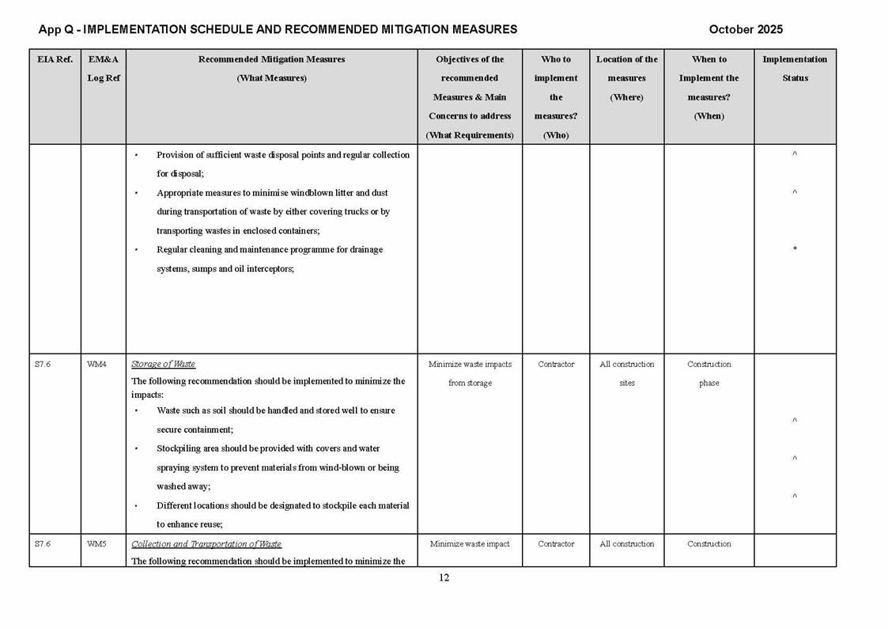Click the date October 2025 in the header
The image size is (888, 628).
745,29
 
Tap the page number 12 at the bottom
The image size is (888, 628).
444,577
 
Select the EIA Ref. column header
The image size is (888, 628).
54,59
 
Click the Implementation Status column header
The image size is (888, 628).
795,69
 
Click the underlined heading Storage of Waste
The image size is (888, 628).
163,364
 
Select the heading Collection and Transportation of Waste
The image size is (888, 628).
206,544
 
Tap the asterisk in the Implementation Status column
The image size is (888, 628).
795,250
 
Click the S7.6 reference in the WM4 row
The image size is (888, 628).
43,365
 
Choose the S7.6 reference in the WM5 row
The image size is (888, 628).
43,544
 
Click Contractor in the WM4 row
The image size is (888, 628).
556,365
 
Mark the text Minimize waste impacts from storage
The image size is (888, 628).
470,373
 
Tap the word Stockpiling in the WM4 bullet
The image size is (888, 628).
179,448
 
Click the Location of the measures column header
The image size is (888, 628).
626,78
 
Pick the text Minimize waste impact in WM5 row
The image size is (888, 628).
470,544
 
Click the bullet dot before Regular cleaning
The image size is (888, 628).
136,250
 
